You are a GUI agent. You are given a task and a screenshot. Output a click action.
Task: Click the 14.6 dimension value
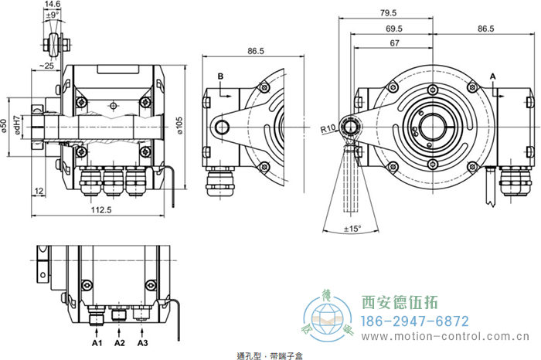[53, 5]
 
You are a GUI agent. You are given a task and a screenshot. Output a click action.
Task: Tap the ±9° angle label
[52, 15]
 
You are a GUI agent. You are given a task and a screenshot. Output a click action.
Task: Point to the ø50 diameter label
[5, 124]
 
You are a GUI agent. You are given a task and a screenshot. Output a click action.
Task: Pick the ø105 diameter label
[180, 124]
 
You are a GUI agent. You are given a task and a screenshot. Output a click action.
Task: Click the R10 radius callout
[327, 128]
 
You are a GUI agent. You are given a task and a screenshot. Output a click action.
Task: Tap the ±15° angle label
[352, 228]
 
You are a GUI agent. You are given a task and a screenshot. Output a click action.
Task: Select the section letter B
[220, 76]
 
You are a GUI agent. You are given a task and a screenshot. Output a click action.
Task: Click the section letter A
[493, 76]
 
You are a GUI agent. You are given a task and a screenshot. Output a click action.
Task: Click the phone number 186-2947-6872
[416, 320]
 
